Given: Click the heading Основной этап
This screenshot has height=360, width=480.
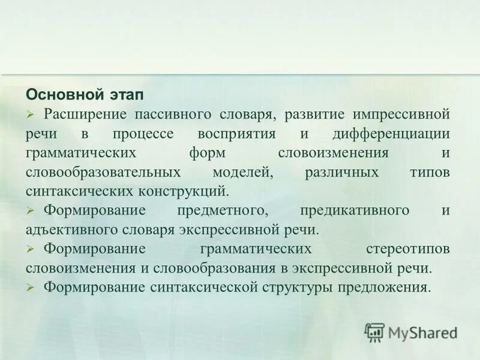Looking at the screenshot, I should pyautogui.click(x=85, y=95).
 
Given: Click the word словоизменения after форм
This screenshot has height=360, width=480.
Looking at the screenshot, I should pyautogui.click(x=342, y=152).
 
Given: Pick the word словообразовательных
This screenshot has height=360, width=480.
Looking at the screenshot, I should pyautogui.click(x=103, y=172).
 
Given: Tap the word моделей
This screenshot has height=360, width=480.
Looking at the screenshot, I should pyautogui.click(x=242, y=172).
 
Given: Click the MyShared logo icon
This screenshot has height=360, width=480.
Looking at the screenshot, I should pyautogui.click(x=374, y=332).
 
